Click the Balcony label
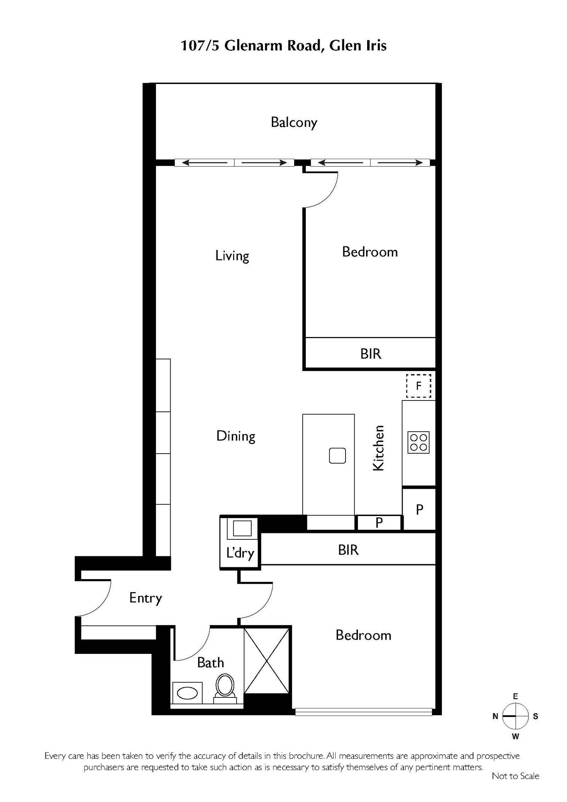(x=294, y=123)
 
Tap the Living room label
(x=232, y=256)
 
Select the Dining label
(x=236, y=436)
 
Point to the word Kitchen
(x=378, y=448)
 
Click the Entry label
(x=146, y=598)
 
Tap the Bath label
(x=210, y=662)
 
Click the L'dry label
(x=240, y=554)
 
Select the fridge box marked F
(x=419, y=386)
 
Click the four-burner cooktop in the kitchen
(x=419, y=442)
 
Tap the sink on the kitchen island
(x=337, y=455)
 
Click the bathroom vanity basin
(x=187, y=693)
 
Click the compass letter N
(x=495, y=717)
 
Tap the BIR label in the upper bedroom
(x=371, y=354)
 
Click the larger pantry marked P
(x=419, y=510)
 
